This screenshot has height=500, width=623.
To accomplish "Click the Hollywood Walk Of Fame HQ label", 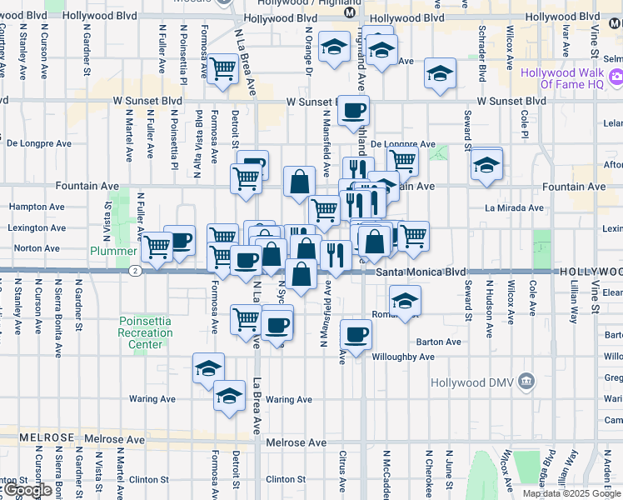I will point(560,78).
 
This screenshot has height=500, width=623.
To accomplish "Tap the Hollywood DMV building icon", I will point(526,382).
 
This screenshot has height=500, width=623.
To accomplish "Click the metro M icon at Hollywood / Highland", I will point(351,13).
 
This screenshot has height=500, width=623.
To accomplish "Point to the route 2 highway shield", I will point(134,271).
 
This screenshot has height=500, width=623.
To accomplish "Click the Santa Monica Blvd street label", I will point(420,272).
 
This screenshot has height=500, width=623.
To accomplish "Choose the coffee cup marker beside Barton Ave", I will point(356,335).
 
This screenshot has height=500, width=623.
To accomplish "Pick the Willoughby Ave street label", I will point(403,357).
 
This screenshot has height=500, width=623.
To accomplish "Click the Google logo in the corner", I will point(27,490).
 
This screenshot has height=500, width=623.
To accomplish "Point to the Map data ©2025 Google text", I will point(571,493).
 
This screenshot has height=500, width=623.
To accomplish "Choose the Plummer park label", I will point(114,250).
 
